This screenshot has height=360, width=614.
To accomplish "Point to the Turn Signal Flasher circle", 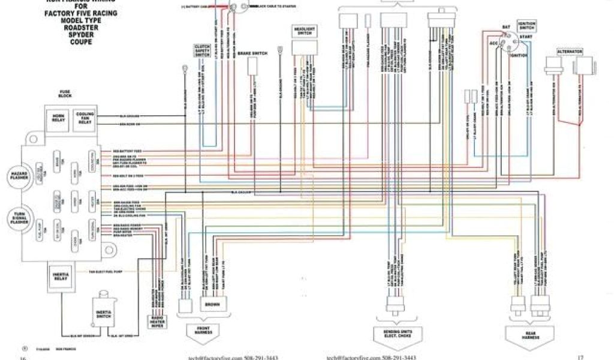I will (x=18, y=218).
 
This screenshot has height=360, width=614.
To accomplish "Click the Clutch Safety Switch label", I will (x=202, y=50).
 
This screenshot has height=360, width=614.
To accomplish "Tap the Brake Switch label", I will (x=252, y=53).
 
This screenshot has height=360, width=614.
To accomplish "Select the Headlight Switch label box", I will (x=304, y=31).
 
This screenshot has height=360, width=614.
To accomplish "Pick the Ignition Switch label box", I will (x=526, y=26).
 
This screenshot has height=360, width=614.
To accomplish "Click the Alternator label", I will (x=569, y=52).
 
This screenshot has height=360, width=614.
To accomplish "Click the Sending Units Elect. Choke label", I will (x=396, y=334).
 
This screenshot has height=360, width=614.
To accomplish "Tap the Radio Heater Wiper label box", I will (x=156, y=322).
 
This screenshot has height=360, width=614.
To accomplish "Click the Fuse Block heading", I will (x=65, y=94).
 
